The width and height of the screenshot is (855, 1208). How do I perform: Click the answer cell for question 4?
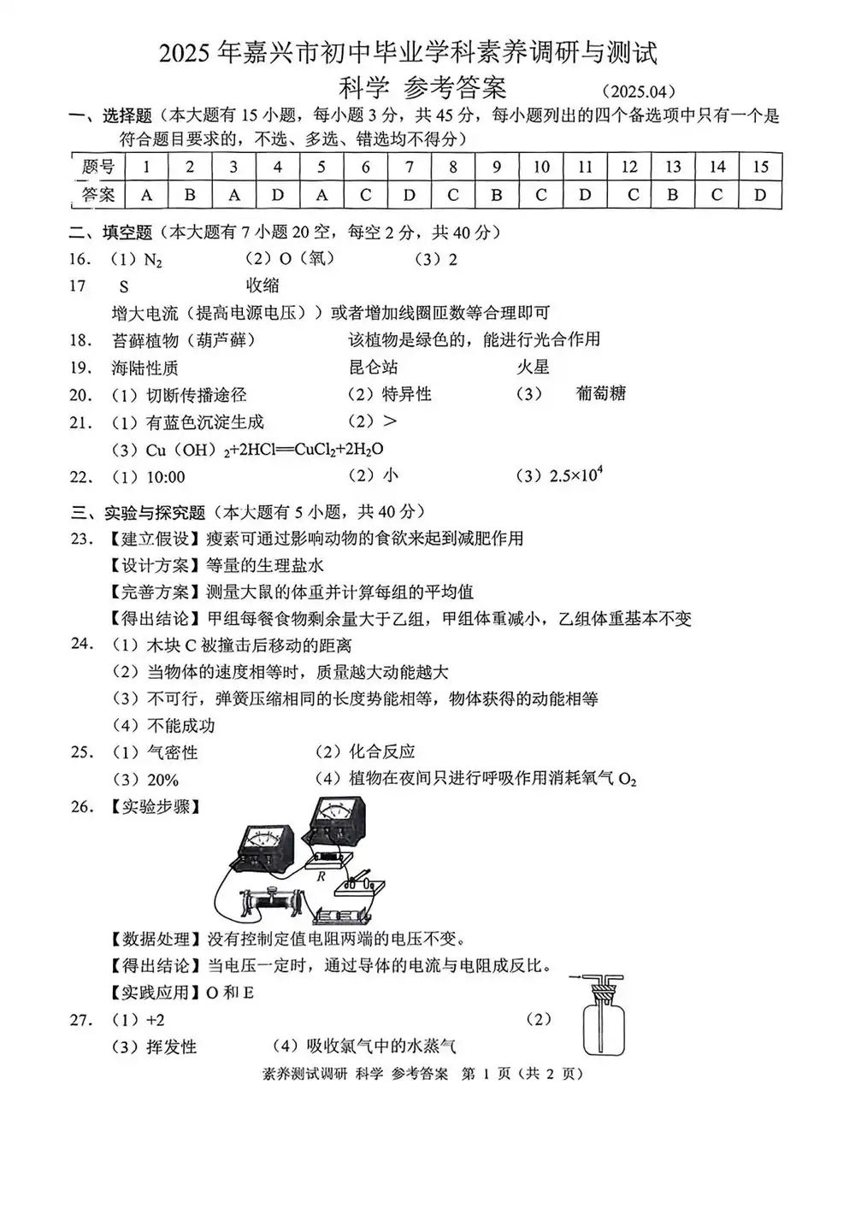tap(277, 195)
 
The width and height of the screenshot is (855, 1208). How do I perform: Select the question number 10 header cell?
tap(541, 167)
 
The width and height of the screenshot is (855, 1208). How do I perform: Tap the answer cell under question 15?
tap(760, 195)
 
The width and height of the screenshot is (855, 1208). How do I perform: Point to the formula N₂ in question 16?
tap(152, 260)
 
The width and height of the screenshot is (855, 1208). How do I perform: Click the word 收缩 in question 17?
tap(262, 286)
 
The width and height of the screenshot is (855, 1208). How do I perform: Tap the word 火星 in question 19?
tap(533, 368)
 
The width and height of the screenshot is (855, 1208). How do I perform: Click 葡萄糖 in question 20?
tap(601, 393)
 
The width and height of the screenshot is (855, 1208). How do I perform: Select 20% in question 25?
tap(162, 780)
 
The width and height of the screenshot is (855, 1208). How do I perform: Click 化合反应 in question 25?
tap(381, 752)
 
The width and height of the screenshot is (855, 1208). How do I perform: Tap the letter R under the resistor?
tap(321, 876)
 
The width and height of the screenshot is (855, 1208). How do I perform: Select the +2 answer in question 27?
tap(155, 1020)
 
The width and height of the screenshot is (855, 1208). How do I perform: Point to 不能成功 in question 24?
tap(180, 726)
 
